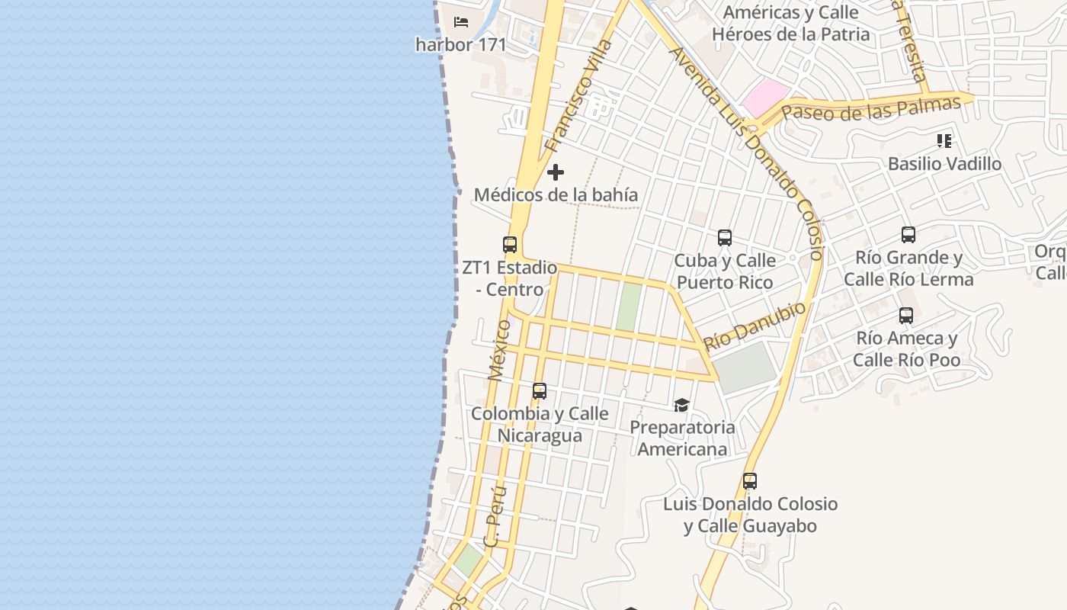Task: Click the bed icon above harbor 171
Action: coord(460,21)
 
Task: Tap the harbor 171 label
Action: coord(460,44)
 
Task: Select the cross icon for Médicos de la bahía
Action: coord(556,172)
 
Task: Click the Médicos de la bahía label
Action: coord(556,194)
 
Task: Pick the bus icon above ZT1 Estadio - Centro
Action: coord(510,245)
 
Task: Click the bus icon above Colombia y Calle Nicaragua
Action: coord(540,391)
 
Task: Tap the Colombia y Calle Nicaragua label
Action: coord(540,424)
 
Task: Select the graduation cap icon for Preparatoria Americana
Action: coord(681,405)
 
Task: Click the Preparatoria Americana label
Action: coord(682,438)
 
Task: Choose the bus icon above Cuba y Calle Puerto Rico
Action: coord(725,238)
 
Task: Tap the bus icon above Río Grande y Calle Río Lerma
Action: coord(908,235)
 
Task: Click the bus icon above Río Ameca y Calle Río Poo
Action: coord(906,316)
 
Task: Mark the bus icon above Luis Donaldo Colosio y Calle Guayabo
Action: coord(750,481)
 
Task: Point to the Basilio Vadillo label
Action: coord(944,164)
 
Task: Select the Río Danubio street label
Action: coord(755,326)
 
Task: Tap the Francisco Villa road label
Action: coord(579,95)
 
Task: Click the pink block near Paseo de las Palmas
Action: coord(765,98)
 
